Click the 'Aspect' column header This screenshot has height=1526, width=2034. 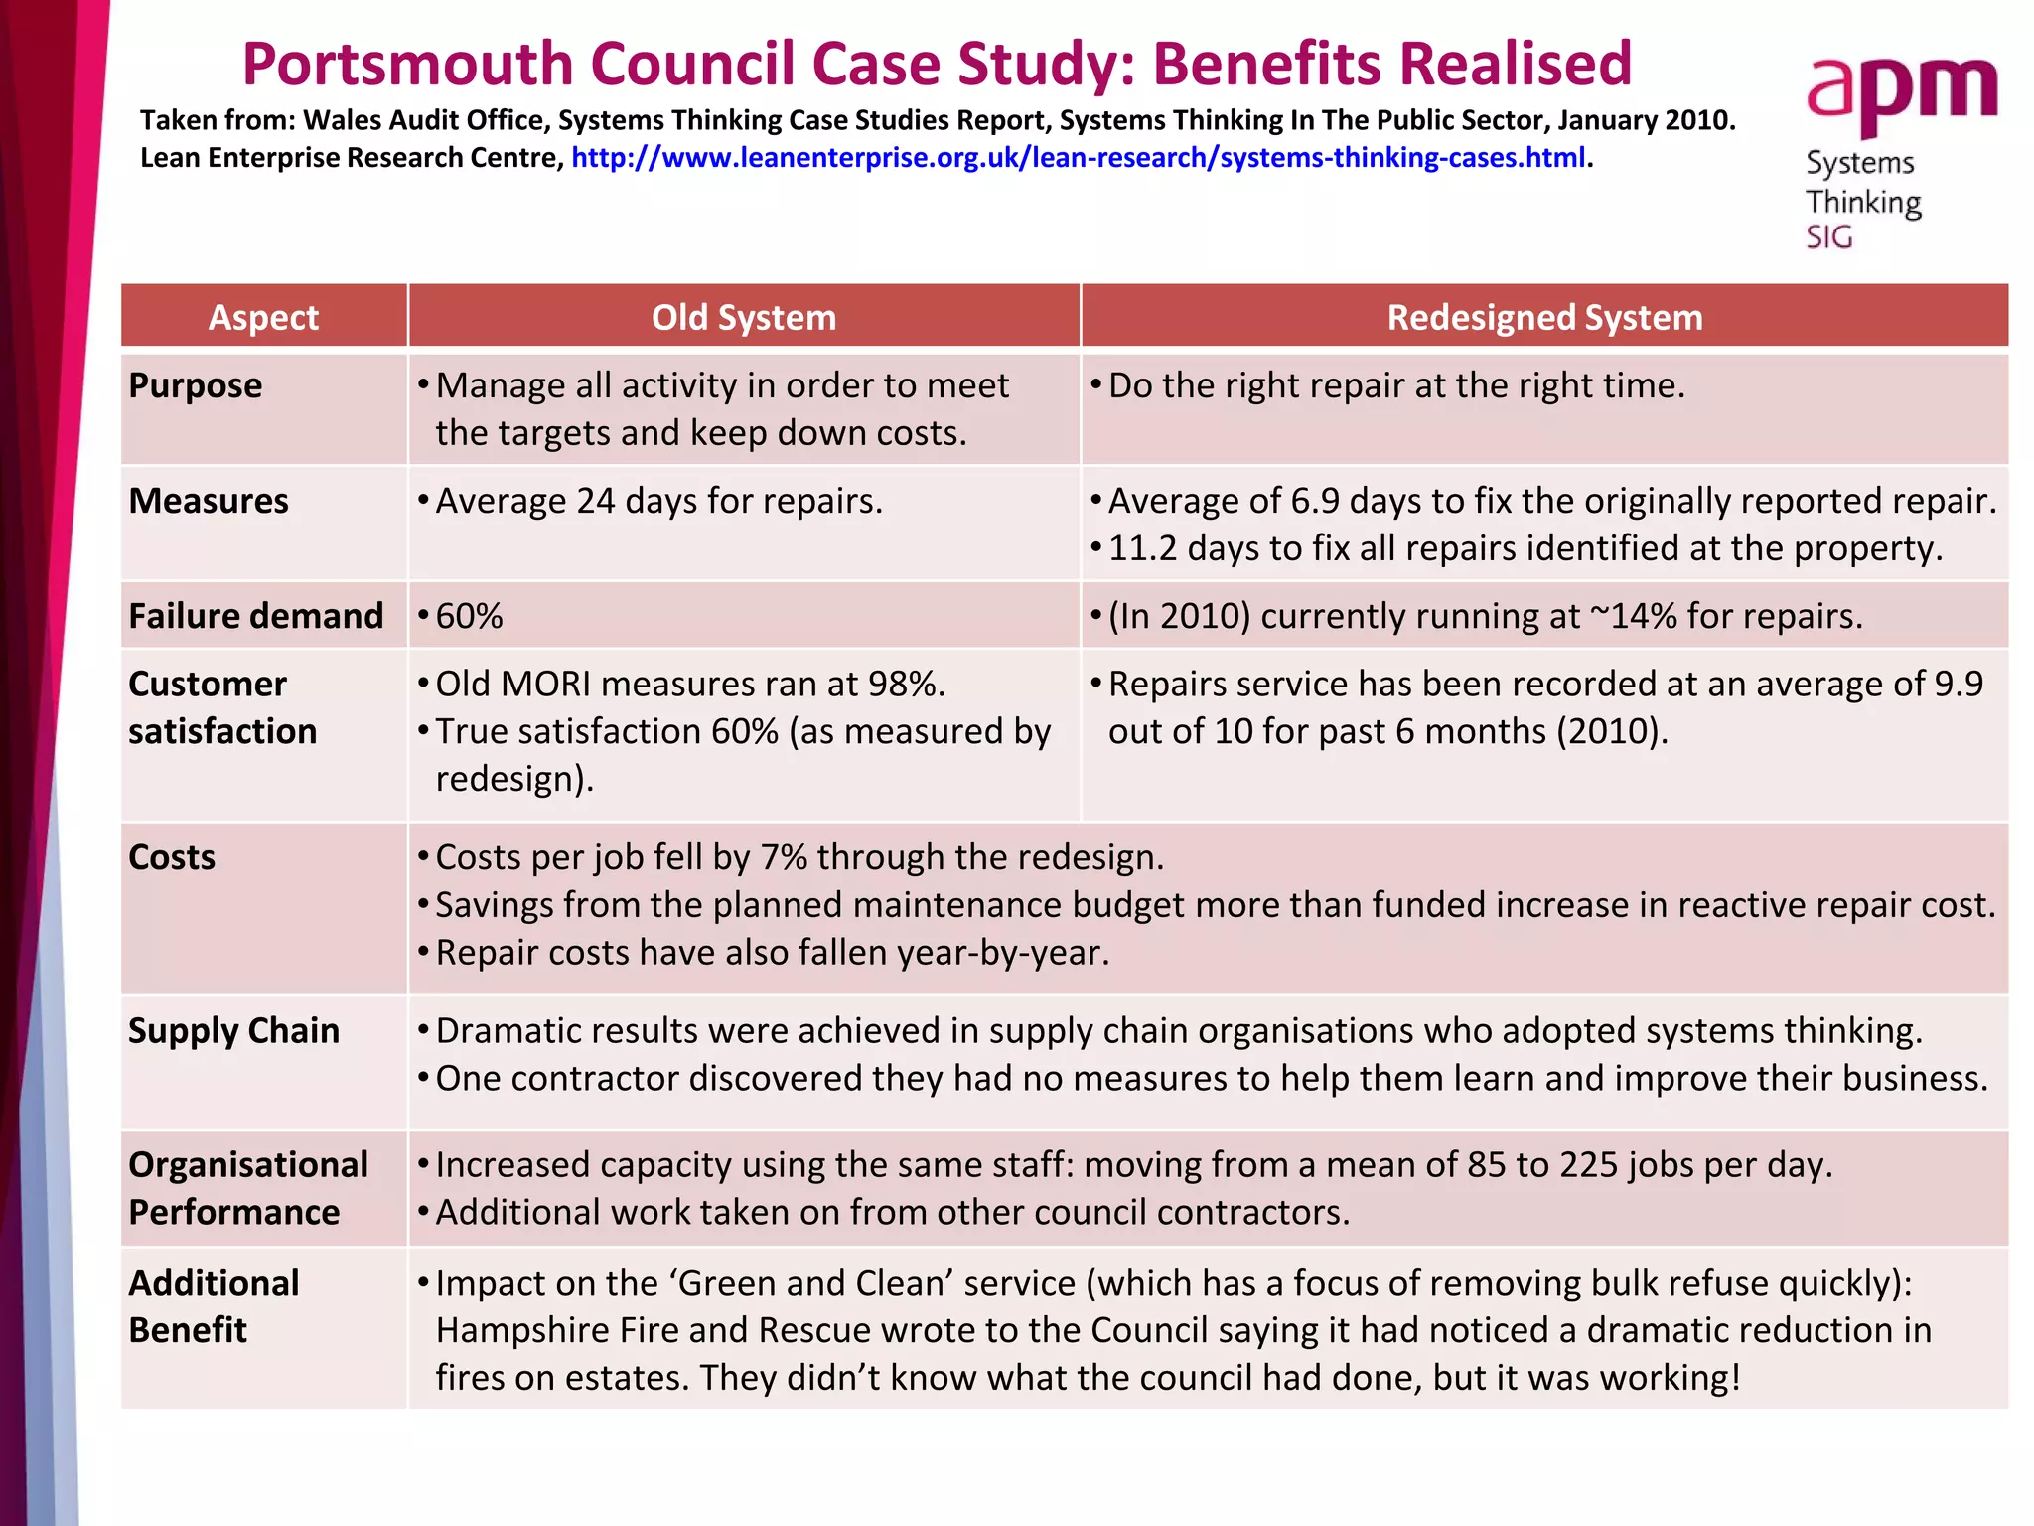[x=263, y=317]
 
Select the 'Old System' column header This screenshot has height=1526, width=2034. [x=743, y=317]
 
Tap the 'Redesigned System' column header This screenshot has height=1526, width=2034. [x=1544, y=317]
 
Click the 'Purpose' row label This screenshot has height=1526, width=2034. [x=196, y=385]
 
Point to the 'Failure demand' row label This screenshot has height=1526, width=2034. [x=255, y=616]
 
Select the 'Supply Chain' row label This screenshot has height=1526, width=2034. [x=233, y=1031]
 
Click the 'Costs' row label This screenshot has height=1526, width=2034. [x=172, y=857]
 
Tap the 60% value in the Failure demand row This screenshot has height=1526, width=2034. [x=469, y=616]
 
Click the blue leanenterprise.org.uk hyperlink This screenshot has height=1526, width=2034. [x=1078, y=158]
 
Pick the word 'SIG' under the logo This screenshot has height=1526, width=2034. [x=1828, y=238]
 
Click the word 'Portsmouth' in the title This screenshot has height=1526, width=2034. [x=407, y=65]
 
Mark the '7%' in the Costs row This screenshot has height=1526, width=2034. [x=784, y=857]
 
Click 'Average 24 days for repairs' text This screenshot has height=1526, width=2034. [x=658, y=501]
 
